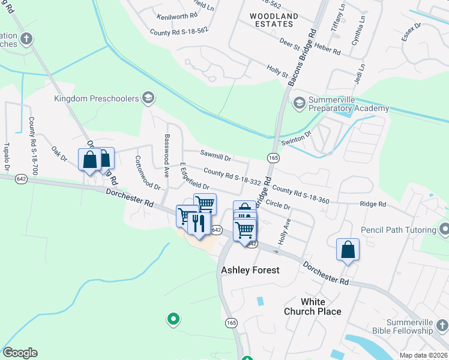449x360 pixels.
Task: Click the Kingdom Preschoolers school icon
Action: pyautogui.click(x=148, y=98)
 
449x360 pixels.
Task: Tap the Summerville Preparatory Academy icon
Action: pyautogui.click(x=298, y=103)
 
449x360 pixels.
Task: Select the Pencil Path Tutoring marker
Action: pyautogui.click(x=444, y=230)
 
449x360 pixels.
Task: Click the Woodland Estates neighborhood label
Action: pyautogui.click(x=272, y=19)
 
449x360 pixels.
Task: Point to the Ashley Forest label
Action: pyautogui.click(x=250, y=270)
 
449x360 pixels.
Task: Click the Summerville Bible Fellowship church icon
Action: pyautogui.click(x=442, y=326)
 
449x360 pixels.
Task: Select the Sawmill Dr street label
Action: pyautogui.click(x=215, y=157)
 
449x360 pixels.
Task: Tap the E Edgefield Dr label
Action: pyautogui.click(x=194, y=176)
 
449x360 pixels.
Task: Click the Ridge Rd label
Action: pyautogui.click(x=373, y=204)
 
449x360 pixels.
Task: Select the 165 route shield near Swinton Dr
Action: pyautogui.click(x=273, y=157)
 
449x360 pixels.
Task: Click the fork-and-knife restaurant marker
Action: pyautogui.click(x=199, y=223)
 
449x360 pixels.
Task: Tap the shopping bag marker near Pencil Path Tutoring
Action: pyautogui.click(x=348, y=249)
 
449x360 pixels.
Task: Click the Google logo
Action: pyautogui.click(x=20, y=353)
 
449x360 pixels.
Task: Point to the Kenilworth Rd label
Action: pyautogui.click(x=176, y=16)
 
